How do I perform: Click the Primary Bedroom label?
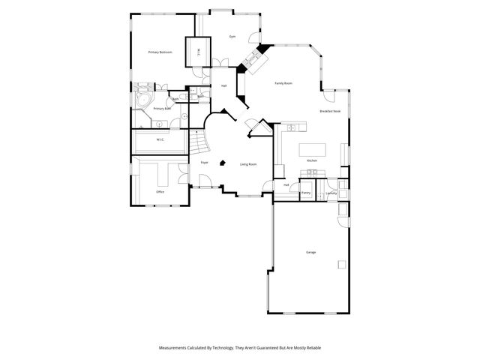tap(160, 52)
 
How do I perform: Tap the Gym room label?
tap(232, 36)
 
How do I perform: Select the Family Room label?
tap(283, 83)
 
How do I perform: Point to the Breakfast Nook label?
tap(330, 111)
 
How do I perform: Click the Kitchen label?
tap(313, 160)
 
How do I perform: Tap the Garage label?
tap(310, 252)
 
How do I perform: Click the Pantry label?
tap(306, 193)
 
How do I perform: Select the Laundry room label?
tap(331, 193)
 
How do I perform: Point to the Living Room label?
tap(248, 164)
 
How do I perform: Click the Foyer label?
tap(204, 163)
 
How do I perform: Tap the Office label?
tap(160, 192)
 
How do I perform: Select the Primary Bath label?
tap(162, 109)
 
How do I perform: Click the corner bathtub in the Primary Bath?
tap(142, 101)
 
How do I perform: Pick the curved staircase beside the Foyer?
tap(197, 139)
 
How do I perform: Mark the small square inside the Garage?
tap(342, 263)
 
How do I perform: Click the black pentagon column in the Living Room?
tap(223, 161)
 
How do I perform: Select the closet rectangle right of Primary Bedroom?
tap(197, 50)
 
